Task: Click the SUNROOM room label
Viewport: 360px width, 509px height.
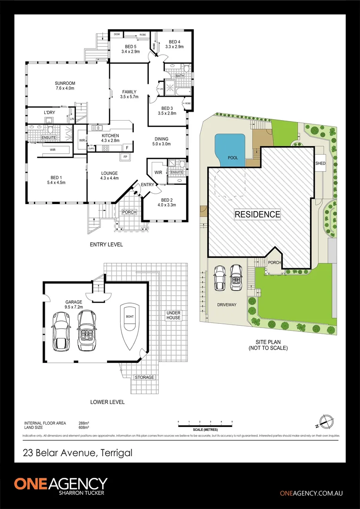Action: coord(65,85)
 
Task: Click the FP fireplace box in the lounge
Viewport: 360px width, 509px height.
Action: coord(125,157)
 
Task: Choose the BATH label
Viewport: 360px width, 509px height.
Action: coord(180,75)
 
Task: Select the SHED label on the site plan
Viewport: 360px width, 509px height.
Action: coord(320,163)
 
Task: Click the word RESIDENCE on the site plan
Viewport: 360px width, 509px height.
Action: coord(258,214)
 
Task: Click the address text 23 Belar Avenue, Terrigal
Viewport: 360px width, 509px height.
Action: coord(78,453)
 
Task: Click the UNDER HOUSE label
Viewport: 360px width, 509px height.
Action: coord(173,315)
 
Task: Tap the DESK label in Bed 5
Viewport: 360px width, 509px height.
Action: coord(116,34)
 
